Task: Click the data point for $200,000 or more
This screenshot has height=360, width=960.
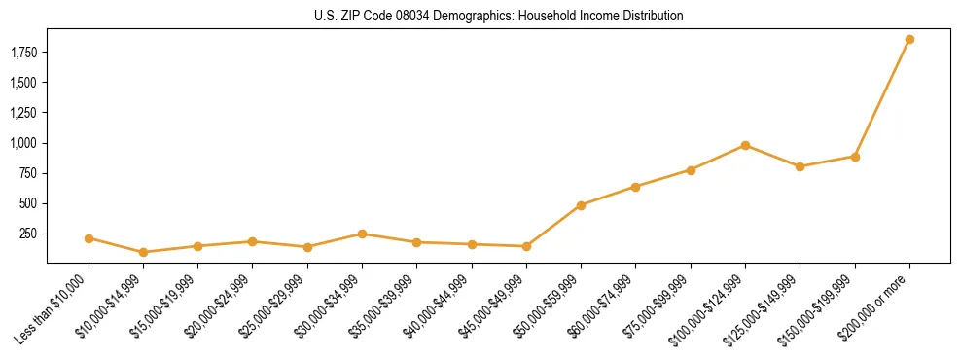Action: tap(909, 40)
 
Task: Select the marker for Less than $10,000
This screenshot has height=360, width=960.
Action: tap(89, 238)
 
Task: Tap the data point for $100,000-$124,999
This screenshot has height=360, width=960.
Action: tap(745, 145)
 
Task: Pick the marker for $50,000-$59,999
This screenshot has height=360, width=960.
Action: tap(581, 205)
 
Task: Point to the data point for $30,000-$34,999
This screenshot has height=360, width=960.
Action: tap(362, 234)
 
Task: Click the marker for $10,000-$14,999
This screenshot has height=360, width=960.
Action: tap(144, 252)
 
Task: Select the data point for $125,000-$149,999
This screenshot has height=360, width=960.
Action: tap(800, 166)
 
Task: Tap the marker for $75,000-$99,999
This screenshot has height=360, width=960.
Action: tap(691, 170)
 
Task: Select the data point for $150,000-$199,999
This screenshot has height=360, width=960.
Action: tap(855, 157)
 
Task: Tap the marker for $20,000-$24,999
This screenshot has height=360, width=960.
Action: tap(252, 241)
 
